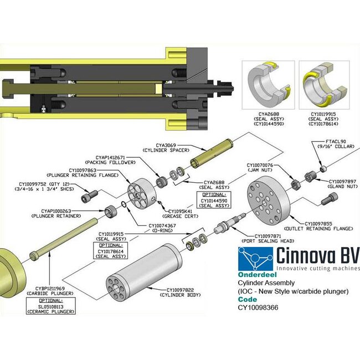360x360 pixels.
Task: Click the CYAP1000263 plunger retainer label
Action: click(62, 214)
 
